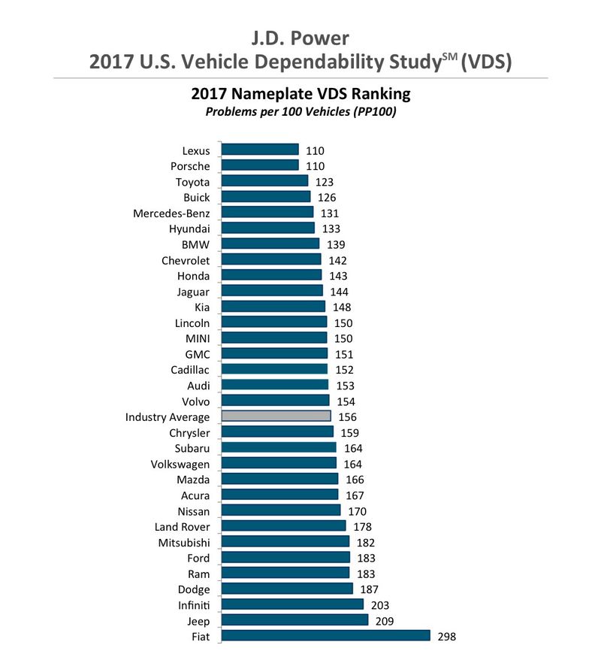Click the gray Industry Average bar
pyautogui.click(x=276, y=416)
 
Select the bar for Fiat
pyautogui.click(x=325, y=636)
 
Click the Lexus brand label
pyautogui.click(x=196, y=150)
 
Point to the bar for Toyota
pyautogui.click(x=264, y=181)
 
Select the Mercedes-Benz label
pyautogui.click(x=171, y=213)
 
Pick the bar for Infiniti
pyautogui.click(x=292, y=604)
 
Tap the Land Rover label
pyautogui.click(x=182, y=526)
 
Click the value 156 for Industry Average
pyautogui.click(x=347, y=416)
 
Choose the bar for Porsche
pyautogui.click(x=260, y=165)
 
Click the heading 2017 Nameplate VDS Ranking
pyautogui.click(x=300, y=94)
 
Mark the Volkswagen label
pyautogui.click(x=180, y=464)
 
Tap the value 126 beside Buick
pyautogui.click(x=327, y=197)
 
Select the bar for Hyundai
pyautogui.click(x=268, y=228)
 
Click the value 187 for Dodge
pyautogui.click(x=368, y=589)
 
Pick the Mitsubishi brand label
pyautogui.click(x=184, y=542)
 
